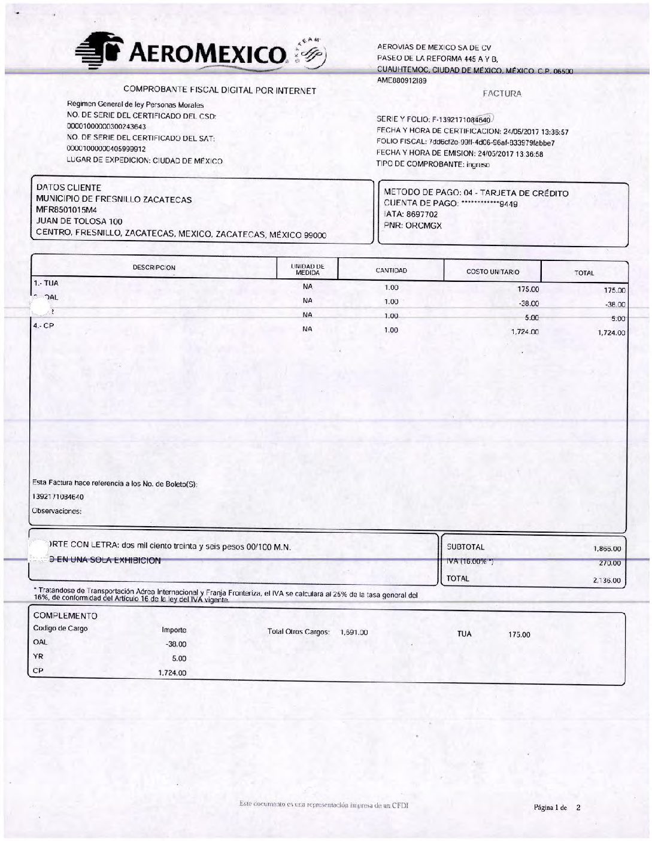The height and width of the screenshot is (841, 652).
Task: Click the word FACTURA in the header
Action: click(x=502, y=93)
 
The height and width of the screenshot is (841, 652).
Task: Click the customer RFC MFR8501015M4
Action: click(x=66, y=210)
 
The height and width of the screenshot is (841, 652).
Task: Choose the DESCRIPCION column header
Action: click(x=154, y=268)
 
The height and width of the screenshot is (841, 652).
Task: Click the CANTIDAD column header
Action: click(x=391, y=271)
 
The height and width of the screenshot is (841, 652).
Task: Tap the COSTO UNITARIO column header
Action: click(x=493, y=272)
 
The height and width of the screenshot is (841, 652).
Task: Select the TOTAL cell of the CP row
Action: click(x=611, y=333)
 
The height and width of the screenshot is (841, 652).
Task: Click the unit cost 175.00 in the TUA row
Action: click(x=528, y=289)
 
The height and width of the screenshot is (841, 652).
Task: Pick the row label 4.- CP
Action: click(x=44, y=326)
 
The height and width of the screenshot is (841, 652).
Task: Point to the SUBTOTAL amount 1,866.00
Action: click(x=607, y=548)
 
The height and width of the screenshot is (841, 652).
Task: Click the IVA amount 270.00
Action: click(x=610, y=563)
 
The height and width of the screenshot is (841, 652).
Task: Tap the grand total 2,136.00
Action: click(x=607, y=580)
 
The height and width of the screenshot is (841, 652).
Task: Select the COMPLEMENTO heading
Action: click(x=65, y=615)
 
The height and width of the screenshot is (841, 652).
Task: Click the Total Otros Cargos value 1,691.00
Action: click(x=353, y=632)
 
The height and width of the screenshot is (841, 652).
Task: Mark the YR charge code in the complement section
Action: click(x=38, y=657)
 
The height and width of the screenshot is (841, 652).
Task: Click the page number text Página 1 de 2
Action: click(x=557, y=807)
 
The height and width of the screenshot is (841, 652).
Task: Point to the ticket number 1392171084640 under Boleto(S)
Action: click(x=58, y=497)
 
